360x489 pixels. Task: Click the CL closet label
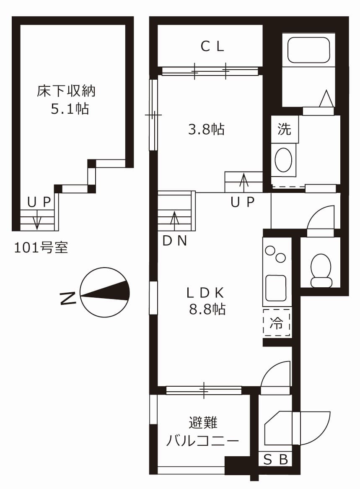tap(212, 46)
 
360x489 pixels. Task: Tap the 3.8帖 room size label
tap(206, 130)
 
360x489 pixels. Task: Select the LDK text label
tap(207, 291)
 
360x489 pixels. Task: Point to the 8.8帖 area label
tap(207, 310)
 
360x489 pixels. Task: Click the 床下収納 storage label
tap(67, 91)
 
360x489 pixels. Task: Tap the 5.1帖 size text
tap(70, 109)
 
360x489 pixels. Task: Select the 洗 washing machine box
tap(285, 129)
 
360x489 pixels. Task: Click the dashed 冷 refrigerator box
tap(277, 323)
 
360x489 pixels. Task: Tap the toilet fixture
tap(321, 270)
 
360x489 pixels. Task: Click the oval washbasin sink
tap(284, 160)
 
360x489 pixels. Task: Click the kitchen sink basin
tap(276, 288)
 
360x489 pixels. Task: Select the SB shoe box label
tap(276, 460)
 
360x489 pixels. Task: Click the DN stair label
tap(175, 241)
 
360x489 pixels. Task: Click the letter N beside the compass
tap(68, 298)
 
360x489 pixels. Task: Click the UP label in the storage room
tap(39, 202)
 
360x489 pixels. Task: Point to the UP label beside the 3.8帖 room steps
tap(243, 203)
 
